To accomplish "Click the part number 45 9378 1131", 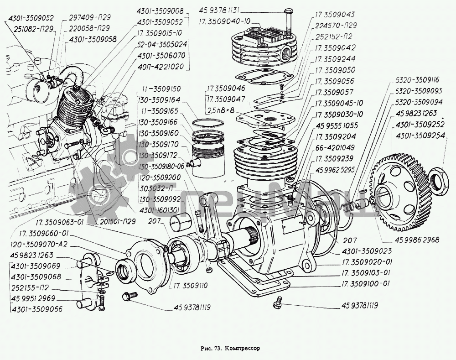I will (x=225, y=10).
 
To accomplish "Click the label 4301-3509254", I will (x=421, y=136).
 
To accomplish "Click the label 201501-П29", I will (x=116, y=221).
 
